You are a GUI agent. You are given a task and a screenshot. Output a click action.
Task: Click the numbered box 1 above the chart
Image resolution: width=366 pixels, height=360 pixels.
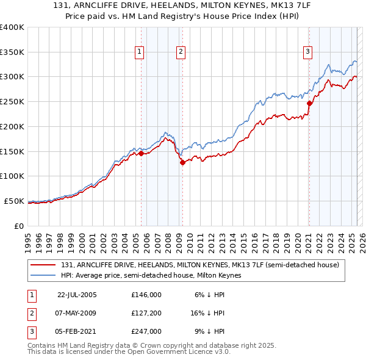(140, 52)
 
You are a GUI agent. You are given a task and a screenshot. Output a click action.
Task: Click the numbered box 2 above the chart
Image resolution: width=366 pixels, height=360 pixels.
(181, 52)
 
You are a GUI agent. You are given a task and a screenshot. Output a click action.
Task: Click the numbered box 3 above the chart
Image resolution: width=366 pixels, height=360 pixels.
(308, 52)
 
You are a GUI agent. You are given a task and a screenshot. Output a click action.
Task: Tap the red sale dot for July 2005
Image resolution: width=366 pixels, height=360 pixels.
(141, 154)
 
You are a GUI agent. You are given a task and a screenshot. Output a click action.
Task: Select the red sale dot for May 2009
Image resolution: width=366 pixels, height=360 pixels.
(182, 162)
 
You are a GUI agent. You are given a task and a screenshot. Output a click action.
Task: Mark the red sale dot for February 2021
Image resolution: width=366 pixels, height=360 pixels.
(309, 103)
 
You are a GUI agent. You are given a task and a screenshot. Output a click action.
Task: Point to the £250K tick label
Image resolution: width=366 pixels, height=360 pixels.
(12, 102)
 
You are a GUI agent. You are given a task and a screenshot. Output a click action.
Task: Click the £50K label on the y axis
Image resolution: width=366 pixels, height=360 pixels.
(14, 201)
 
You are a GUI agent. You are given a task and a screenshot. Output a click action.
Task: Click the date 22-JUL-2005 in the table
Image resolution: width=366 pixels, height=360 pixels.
(77, 295)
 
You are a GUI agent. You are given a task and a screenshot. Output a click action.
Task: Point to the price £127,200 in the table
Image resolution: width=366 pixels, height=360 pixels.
(146, 313)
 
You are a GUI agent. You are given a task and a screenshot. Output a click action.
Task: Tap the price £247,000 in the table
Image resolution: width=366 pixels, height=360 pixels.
(146, 331)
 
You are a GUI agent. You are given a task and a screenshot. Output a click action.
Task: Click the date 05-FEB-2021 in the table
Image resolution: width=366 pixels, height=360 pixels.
(77, 331)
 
